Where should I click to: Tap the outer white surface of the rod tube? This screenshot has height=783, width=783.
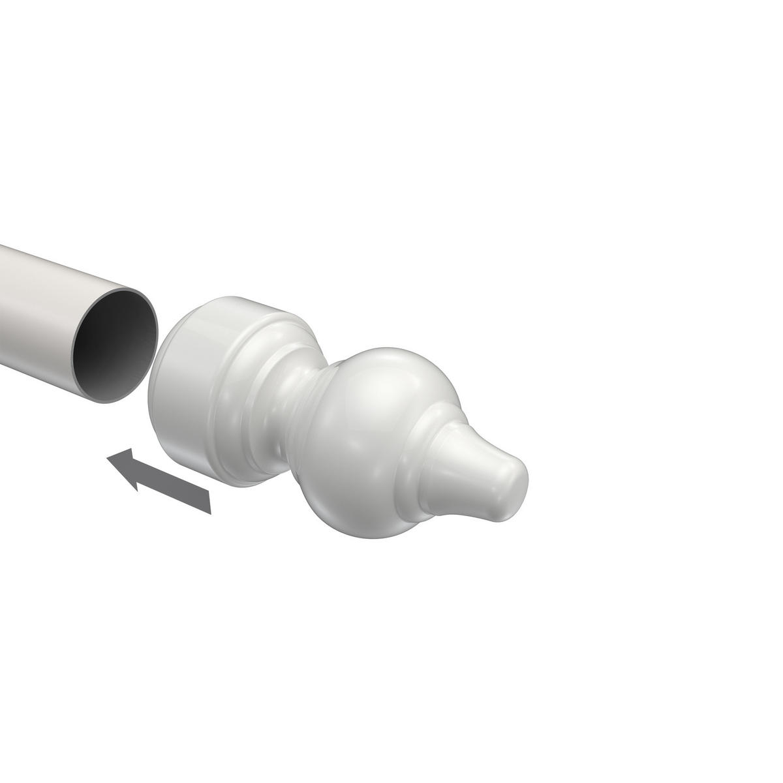pos(39,307)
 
